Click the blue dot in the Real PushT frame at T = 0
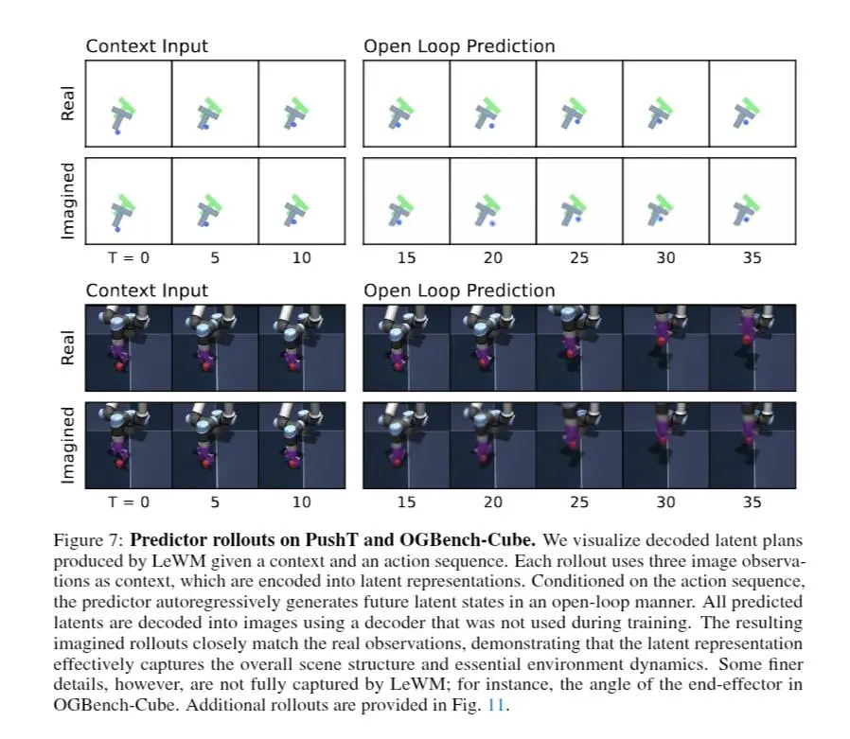pos(117,132)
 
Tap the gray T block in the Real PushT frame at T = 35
pos(740,114)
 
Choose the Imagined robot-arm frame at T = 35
pos(753,446)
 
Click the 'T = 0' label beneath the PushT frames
pos(129,257)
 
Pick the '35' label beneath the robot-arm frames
pos(753,502)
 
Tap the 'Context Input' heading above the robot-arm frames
pos(147,290)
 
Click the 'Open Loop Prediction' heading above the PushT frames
pos(459,45)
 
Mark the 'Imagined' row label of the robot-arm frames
pos(68,445)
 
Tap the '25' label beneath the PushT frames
pos(579,257)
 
